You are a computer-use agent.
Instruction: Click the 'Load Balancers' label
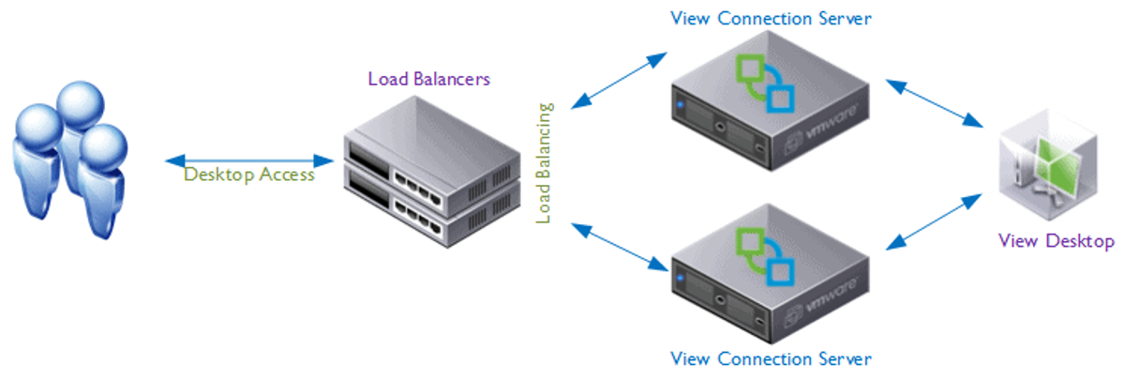tap(428, 79)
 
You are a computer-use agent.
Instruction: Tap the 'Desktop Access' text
tap(249, 175)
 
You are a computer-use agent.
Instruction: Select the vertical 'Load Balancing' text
tap(544, 162)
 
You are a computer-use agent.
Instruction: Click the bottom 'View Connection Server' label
tap(772, 358)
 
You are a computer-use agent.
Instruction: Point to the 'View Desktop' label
tap(1057, 241)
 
